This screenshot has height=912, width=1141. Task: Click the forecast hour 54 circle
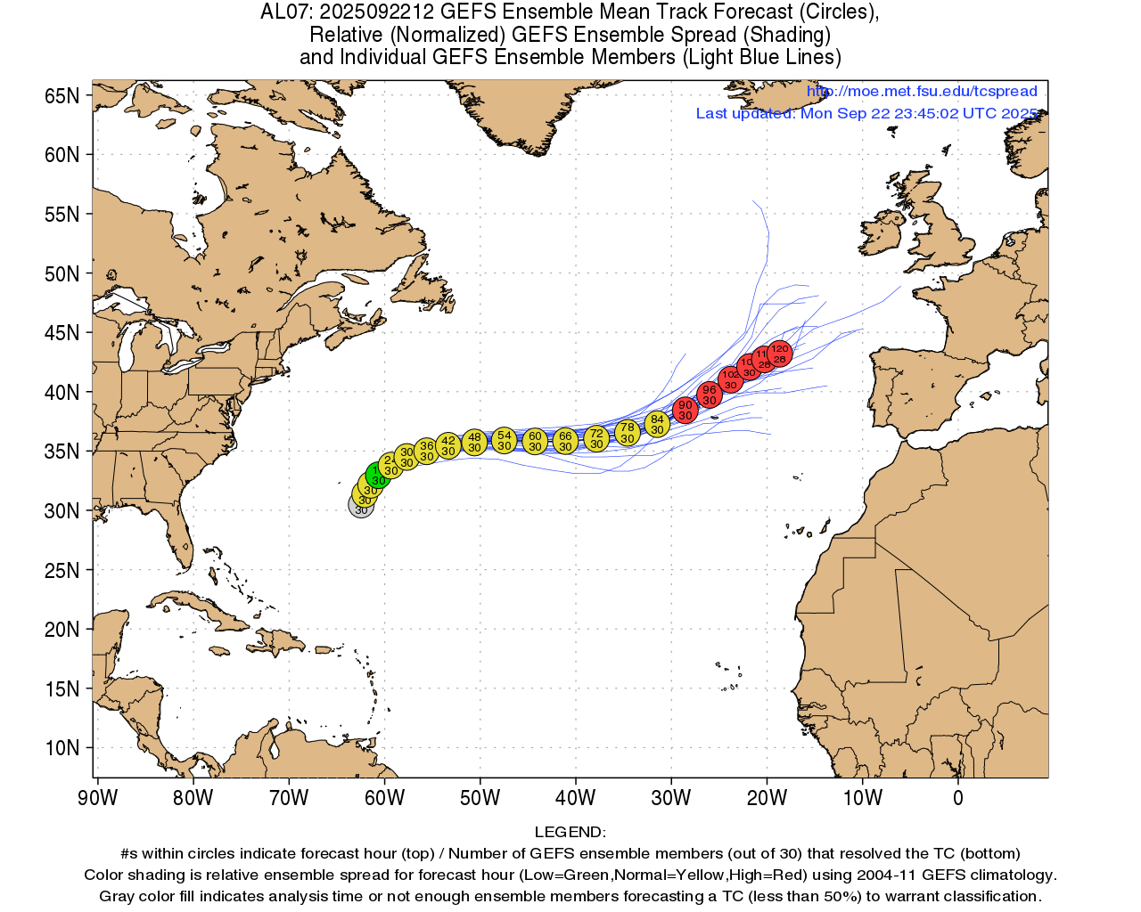click(x=505, y=440)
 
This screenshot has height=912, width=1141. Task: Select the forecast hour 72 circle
click(x=596, y=438)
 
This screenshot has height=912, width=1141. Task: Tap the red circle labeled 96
click(x=709, y=395)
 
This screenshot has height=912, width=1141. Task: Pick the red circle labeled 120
click(x=780, y=354)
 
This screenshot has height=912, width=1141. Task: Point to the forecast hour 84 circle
click(x=657, y=424)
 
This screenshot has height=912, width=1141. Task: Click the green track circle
click(x=378, y=476)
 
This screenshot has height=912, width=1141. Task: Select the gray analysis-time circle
click(x=361, y=506)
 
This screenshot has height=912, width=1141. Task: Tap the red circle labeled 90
click(x=685, y=410)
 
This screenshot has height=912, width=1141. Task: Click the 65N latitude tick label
click(x=62, y=96)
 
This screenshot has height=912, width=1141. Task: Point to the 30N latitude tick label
click(x=62, y=511)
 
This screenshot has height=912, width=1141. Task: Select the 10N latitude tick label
click(x=62, y=748)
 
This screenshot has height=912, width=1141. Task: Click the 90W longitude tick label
click(x=98, y=798)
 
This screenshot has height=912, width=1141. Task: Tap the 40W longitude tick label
click(x=576, y=798)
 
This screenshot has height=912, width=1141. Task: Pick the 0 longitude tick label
click(x=958, y=798)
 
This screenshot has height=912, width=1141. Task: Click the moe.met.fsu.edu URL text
click(x=922, y=92)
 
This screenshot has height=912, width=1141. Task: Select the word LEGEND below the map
click(x=570, y=833)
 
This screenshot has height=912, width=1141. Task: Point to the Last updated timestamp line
click(x=866, y=114)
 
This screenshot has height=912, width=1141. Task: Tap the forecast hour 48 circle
click(x=474, y=442)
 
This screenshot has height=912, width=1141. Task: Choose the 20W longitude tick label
click(x=768, y=798)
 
